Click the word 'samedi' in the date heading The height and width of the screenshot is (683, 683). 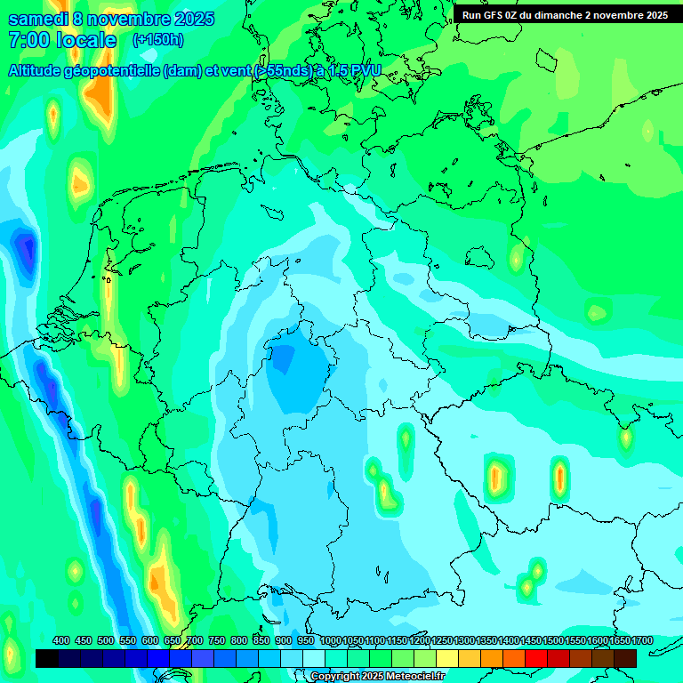(37, 19)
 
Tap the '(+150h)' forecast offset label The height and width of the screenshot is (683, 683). (157, 40)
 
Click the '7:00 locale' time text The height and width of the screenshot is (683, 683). (62, 40)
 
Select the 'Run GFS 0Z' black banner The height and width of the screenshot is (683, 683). (565, 14)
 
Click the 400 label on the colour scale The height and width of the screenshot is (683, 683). (61, 640)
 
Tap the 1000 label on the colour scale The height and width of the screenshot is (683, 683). (331, 640)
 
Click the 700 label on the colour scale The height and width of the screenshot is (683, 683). (195, 640)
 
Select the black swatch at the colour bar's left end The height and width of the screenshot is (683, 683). (47, 658)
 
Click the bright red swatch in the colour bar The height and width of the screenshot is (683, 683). (536, 658)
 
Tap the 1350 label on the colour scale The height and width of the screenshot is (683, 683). (486, 640)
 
